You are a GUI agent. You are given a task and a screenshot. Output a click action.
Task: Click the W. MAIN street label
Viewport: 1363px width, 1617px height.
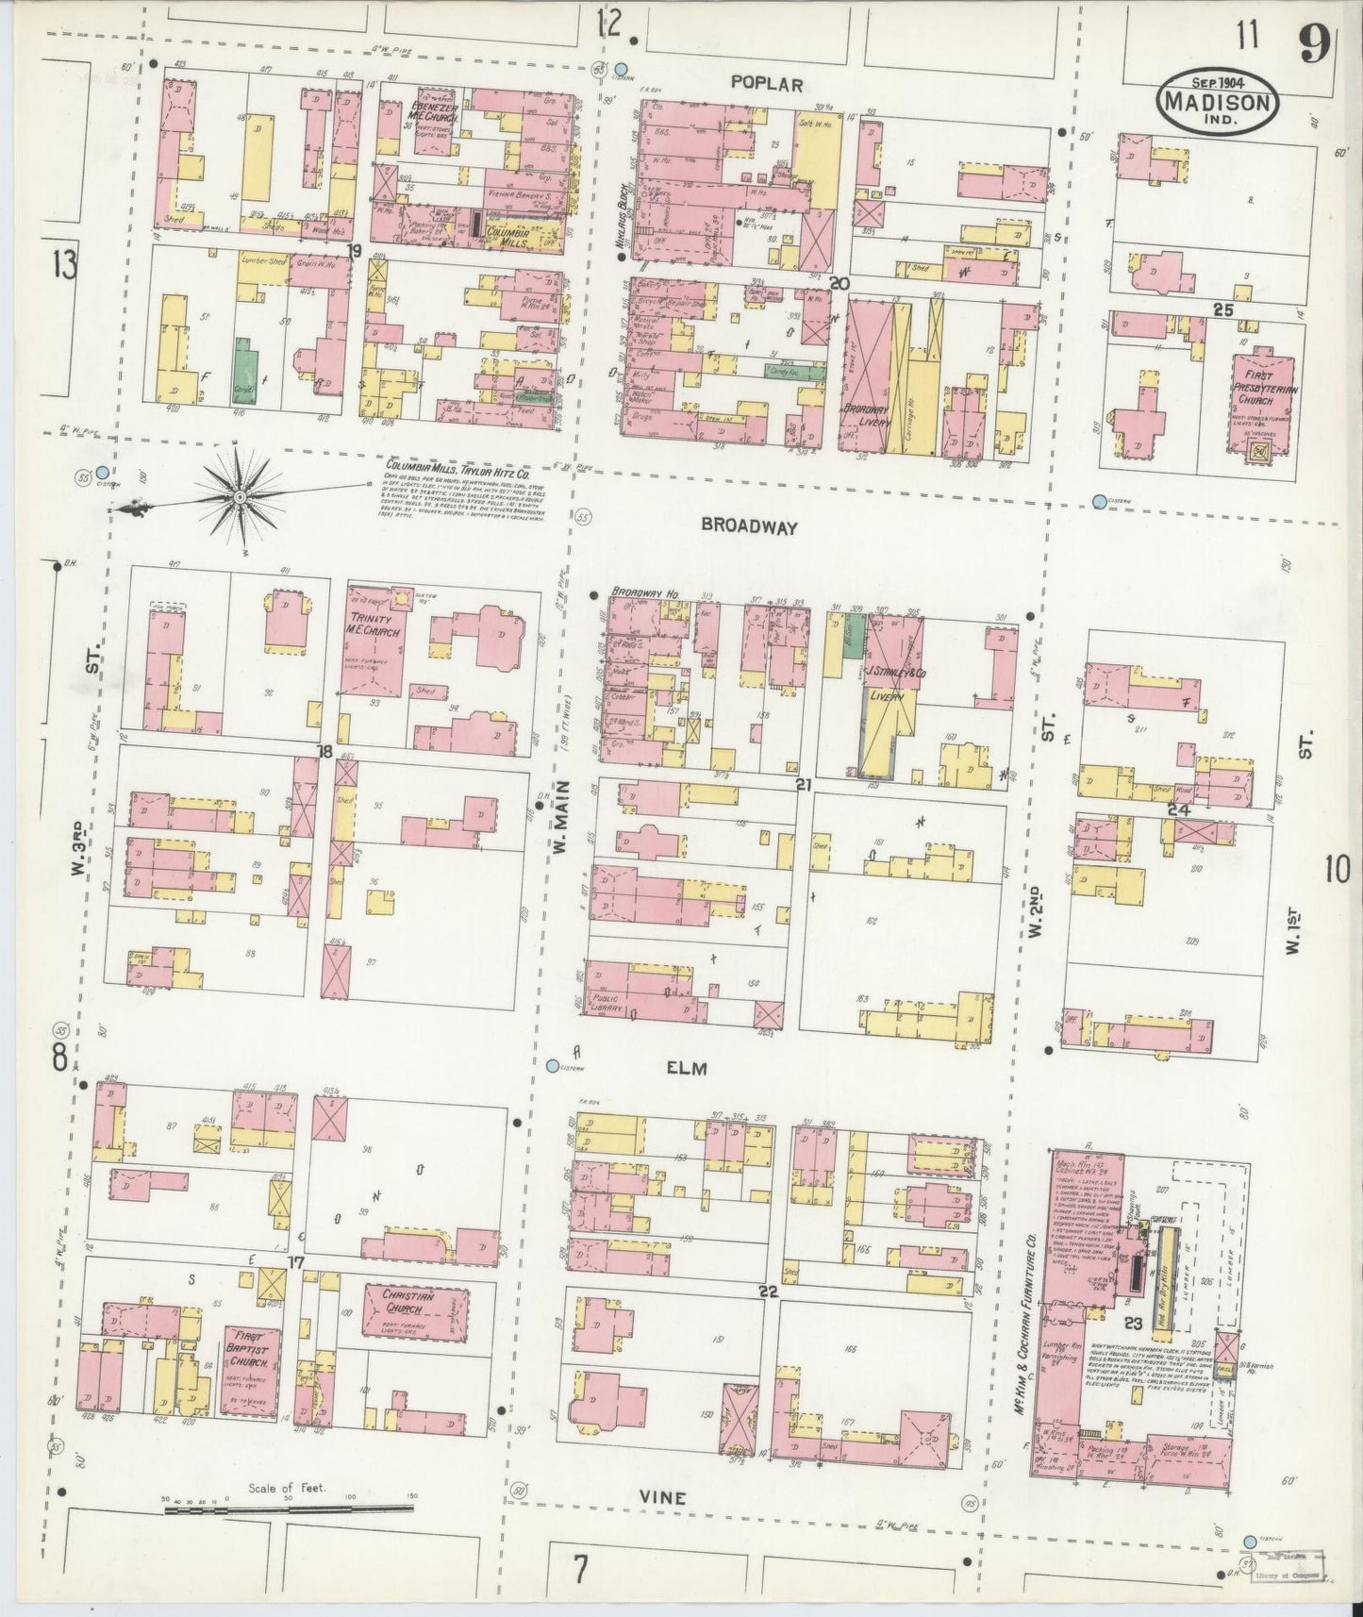[x=564, y=824]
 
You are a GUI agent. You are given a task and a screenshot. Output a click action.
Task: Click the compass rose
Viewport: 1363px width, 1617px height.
[x=241, y=495]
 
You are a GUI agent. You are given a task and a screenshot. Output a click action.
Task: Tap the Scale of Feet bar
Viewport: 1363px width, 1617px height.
[x=291, y=1510]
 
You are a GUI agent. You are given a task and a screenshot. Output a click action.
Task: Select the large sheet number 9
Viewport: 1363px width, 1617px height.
[x=1312, y=42]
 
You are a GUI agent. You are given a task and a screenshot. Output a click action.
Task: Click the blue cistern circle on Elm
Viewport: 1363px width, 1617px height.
[x=553, y=1066]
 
